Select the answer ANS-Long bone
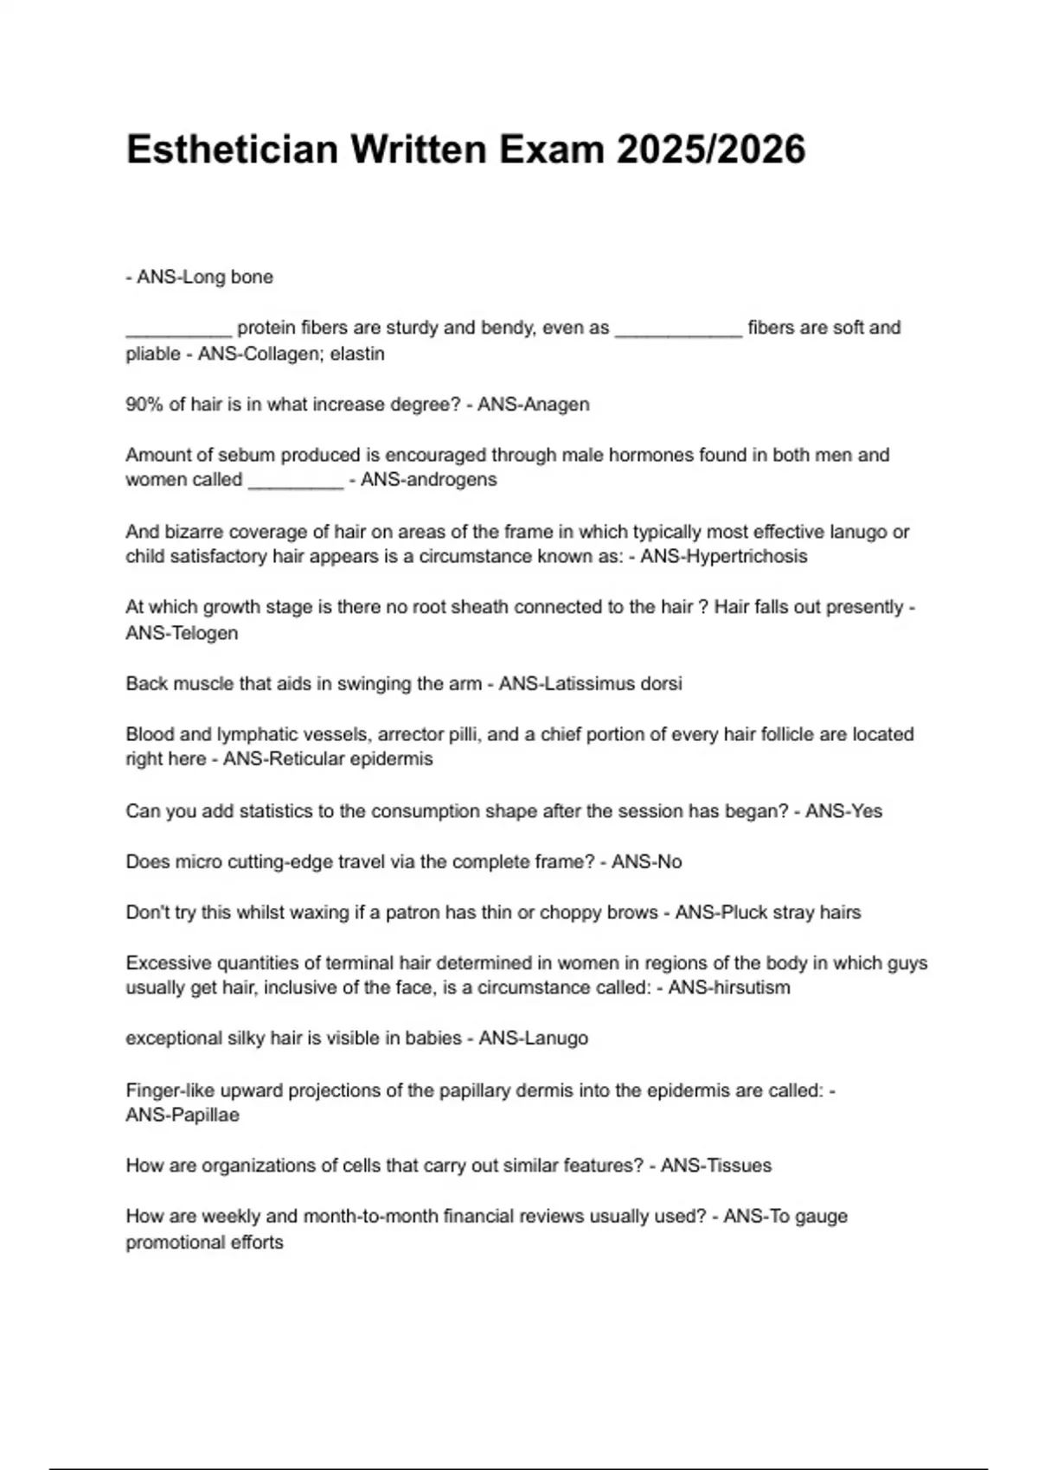205,278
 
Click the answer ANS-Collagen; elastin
292,354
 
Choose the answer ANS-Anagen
534,405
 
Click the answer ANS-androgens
429,480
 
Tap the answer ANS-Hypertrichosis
724,556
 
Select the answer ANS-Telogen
182,633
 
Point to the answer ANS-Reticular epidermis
328,759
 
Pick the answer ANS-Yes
843,811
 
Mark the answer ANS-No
647,862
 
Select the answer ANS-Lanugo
534,1039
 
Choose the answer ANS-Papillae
183,1115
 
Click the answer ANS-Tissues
716,1166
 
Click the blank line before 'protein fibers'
179,329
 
